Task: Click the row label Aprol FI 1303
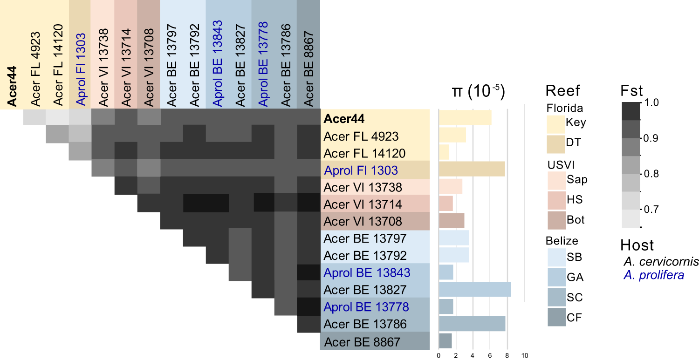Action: pos(361,170)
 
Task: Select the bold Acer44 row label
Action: pos(345,118)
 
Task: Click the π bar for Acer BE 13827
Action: pos(474,289)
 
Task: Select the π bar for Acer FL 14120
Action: pos(444,152)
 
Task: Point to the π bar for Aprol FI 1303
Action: pos(472,170)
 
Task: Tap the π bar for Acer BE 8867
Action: pos(445,341)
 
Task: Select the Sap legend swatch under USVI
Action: pos(555,180)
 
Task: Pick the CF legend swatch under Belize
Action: pos(555,317)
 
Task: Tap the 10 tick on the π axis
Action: pos(524,356)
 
